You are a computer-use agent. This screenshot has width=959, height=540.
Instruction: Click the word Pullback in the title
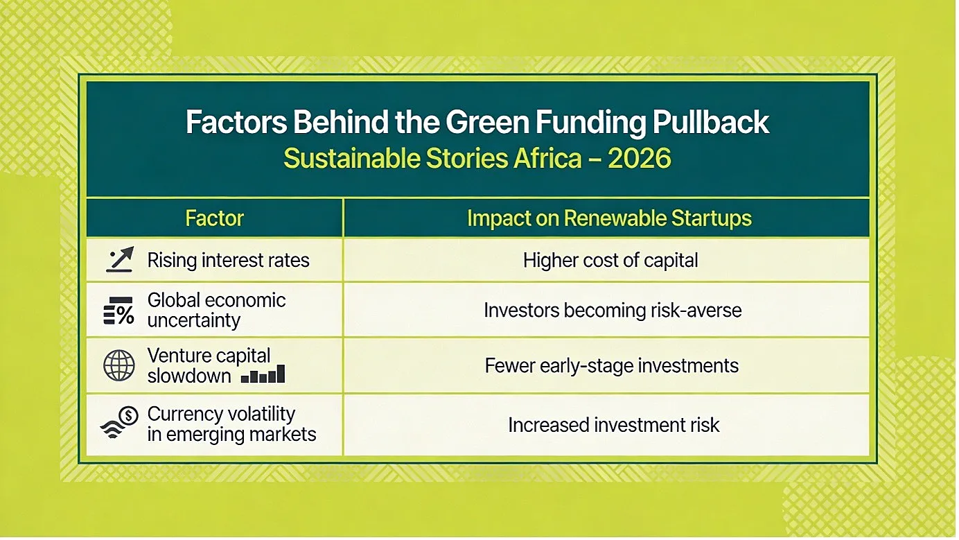(711, 123)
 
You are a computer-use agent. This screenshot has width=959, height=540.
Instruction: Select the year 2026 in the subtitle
(639, 158)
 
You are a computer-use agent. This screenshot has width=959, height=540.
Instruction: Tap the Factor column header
(215, 218)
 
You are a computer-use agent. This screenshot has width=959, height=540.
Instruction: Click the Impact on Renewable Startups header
(609, 218)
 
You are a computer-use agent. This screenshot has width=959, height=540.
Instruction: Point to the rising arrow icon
(120, 259)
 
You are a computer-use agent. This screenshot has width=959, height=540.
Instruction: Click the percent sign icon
(118, 311)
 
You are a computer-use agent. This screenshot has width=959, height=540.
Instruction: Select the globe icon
(119, 365)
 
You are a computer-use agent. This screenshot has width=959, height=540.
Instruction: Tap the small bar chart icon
(263, 374)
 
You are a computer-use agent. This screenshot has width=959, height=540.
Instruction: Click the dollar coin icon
(128, 415)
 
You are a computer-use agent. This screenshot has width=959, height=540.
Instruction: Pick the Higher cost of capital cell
(610, 260)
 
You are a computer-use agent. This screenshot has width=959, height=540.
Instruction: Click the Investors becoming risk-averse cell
(613, 311)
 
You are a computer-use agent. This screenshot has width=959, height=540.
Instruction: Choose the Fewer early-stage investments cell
(612, 366)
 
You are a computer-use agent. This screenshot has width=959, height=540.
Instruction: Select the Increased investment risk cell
(613, 425)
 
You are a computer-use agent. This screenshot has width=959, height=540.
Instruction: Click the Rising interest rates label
(228, 261)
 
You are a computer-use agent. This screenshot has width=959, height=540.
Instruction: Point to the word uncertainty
(193, 320)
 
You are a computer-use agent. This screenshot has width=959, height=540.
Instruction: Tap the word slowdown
(188, 376)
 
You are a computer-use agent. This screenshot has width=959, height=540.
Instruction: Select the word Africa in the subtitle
(547, 158)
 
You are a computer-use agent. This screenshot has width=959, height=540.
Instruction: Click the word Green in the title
(487, 123)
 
